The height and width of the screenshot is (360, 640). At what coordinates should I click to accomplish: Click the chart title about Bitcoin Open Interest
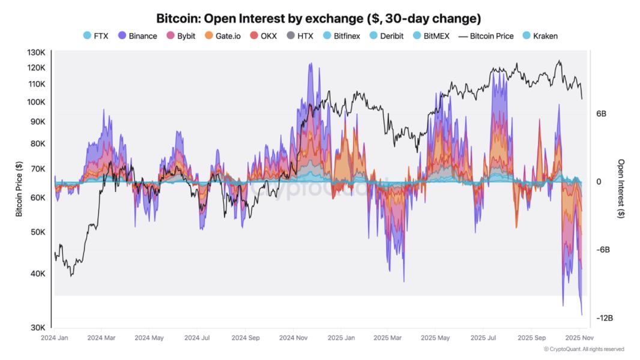318,18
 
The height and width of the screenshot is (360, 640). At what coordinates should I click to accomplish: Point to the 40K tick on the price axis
37,274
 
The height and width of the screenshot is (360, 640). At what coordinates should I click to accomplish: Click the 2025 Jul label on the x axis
484,338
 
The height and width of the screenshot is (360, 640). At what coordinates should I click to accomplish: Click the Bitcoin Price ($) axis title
19,190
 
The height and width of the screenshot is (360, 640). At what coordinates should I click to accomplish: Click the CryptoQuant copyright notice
584,349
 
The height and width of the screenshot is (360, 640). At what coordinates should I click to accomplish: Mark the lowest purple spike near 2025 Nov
582,314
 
